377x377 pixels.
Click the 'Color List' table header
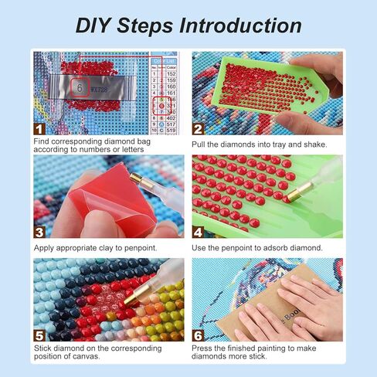(163, 59)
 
